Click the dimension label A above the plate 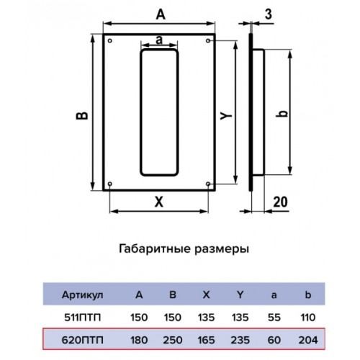point(161,14)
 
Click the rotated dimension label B point(82,116)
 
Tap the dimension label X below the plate point(159,202)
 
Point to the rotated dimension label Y point(226,116)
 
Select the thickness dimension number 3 point(269,14)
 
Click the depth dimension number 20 point(280,202)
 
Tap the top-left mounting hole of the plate point(110,41)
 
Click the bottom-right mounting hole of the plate point(208,184)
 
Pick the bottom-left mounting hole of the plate point(110,184)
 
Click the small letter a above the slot point(159,40)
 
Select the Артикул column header point(82,294)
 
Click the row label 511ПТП point(82,318)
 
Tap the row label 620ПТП point(82,340)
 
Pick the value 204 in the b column point(308,340)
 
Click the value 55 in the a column point(274,318)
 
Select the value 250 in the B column point(173,340)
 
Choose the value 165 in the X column point(206,340)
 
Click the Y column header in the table point(240,294)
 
